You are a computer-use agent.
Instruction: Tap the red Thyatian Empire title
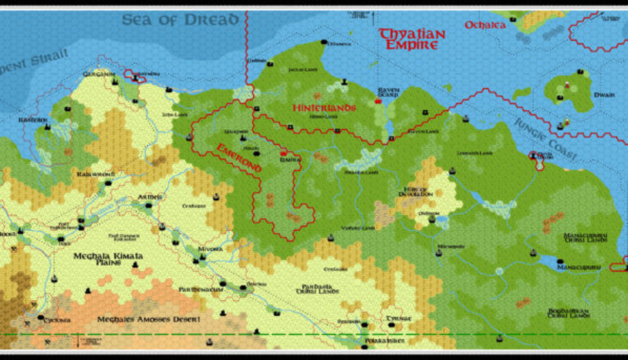[412, 39]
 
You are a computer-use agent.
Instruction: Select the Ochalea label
[485, 25]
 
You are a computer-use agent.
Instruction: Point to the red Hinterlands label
[324, 108]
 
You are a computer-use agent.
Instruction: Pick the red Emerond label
[239, 158]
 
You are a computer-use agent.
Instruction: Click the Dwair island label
[604, 95]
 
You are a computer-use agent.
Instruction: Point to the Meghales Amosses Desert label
[148, 319]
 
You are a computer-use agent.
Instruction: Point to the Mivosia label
[210, 249]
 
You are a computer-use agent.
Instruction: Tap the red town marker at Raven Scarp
[378, 101]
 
